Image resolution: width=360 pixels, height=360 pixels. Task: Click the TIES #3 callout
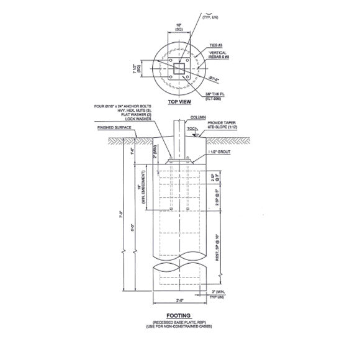(x=216, y=47)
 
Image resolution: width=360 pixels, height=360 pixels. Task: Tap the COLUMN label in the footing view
(x=199, y=116)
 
